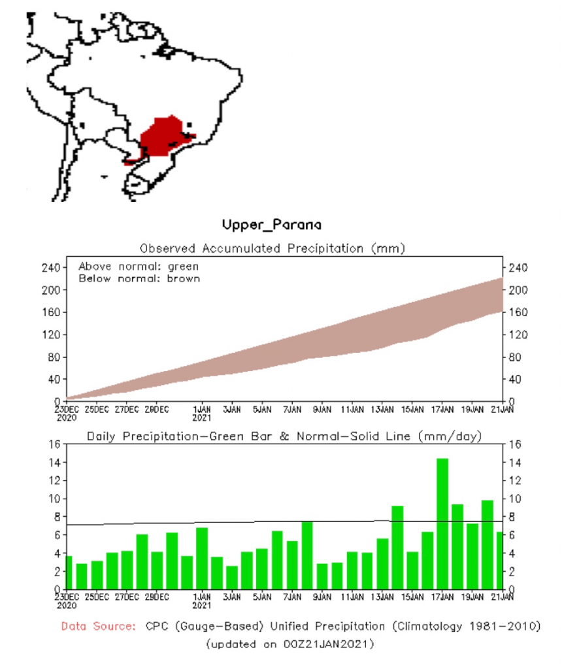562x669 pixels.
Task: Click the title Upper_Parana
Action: tap(272, 225)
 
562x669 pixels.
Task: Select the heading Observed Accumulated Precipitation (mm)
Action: tap(273, 248)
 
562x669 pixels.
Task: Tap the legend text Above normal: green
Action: tap(139, 267)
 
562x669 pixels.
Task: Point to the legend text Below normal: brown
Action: tap(139, 278)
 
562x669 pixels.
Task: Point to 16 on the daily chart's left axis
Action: tap(54, 444)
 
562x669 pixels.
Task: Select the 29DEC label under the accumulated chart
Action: tap(157, 410)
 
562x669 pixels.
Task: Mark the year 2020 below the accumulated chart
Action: tap(67, 417)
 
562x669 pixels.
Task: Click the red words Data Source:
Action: tap(98, 627)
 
